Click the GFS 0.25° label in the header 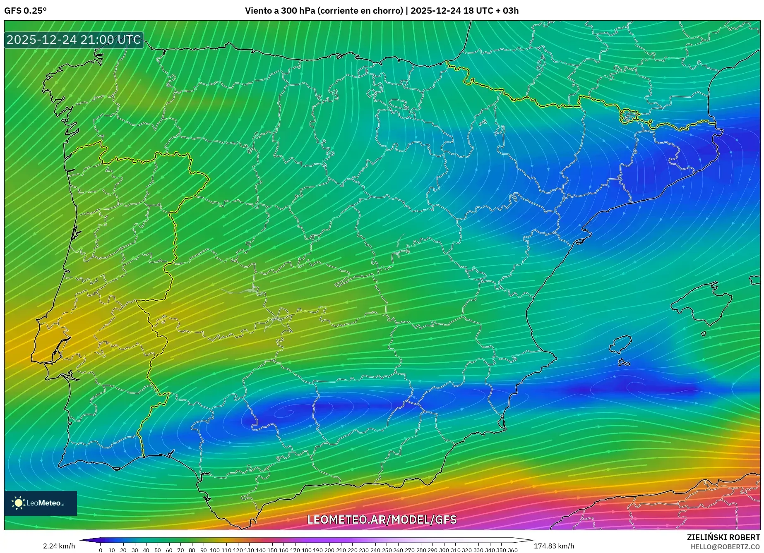25,11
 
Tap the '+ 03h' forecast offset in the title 507,11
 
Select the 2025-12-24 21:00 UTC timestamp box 74,40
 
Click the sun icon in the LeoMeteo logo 18,503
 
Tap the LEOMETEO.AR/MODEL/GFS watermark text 382,519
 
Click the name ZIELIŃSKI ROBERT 723,537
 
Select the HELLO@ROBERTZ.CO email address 725,547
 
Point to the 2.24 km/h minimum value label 59,546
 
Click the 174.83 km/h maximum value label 554,546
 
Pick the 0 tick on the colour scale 101,550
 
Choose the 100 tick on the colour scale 214,550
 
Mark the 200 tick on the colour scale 329,550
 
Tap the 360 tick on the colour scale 512,550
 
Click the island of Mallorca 702,304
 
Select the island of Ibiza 621,344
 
